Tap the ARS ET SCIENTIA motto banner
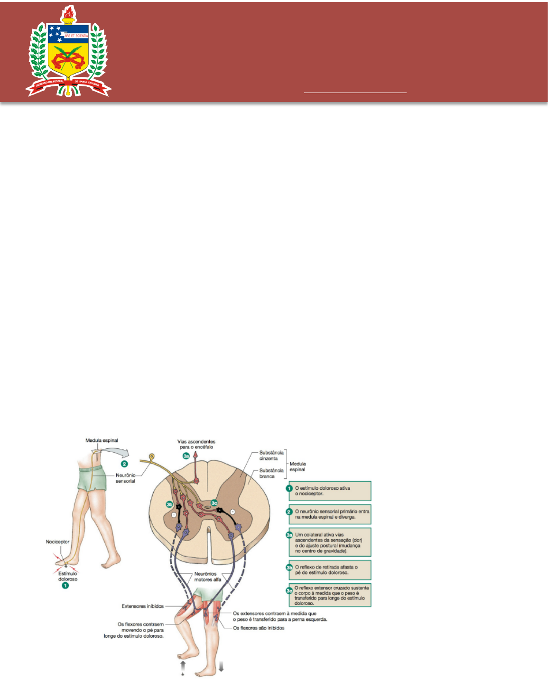click(x=76, y=36)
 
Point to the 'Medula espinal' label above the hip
click(x=102, y=440)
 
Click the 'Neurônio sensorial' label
click(x=125, y=478)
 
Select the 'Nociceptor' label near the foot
click(x=57, y=541)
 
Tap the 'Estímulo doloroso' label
click(x=68, y=577)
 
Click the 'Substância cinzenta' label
click(x=271, y=456)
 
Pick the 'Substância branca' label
click(x=271, y=473)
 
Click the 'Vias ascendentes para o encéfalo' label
click(x=196, y=444)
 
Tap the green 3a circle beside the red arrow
click(x=186, y=456)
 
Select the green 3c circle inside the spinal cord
click(x=214, y=503)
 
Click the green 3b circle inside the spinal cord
click(x=169, y=504)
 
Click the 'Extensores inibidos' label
click(x=142, y=606)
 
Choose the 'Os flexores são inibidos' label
click(x=259, y=628)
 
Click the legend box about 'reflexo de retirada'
click(x=330, y=569)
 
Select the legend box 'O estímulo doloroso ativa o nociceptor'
click(x=330, y=491)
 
